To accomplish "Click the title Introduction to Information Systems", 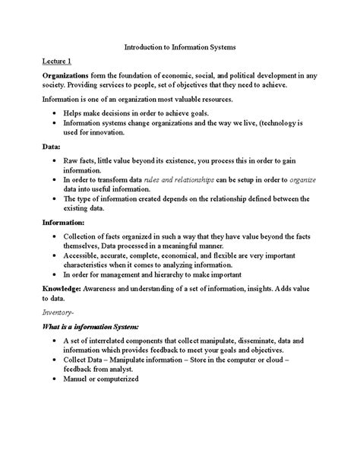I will coord(179,46).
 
